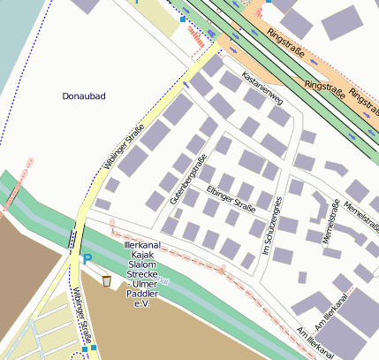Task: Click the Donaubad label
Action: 85,95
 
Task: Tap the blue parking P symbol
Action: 87,259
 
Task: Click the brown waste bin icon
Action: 107,281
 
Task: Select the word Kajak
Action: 142,254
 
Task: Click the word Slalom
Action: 142,264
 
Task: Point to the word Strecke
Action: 142,273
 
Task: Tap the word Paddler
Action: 142,293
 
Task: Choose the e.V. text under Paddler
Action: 142,303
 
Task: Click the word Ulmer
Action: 142,283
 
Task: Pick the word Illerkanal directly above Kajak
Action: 142,244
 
